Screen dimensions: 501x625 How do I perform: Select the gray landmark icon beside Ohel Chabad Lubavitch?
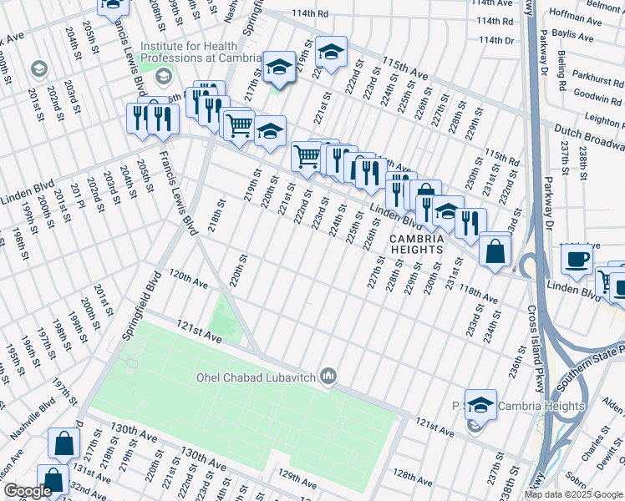click(x=328, y=377)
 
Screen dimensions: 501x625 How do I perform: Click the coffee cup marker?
click(x=577, y=259)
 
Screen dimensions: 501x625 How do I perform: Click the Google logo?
click(x=27, y=492)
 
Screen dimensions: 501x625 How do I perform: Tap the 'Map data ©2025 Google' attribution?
click(x=574, y=494)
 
